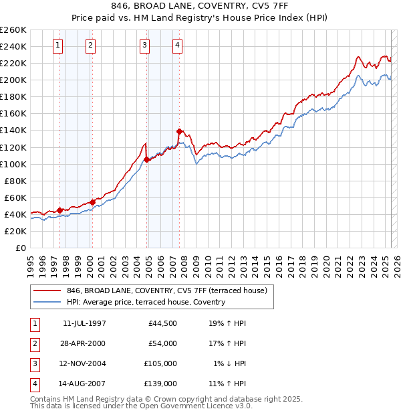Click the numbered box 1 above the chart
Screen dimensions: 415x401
pyautogui.click(x=57, y=46)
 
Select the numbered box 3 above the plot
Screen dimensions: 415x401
pyautogui.click(x=144, y=46)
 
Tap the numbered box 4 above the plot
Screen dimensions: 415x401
pyautogui.click(x=177, y=46)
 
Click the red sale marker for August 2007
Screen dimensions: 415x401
pyautogui.click(x=179, y=131)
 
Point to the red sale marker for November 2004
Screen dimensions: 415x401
pyautogui.click(x=147, y=159)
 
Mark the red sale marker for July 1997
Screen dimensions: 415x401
pyautogui.click(x=59, y=210)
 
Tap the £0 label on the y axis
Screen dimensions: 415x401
pyautogui.click(x=20, y=248)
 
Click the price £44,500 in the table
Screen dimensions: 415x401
pyautogui.click(x=162, y=324)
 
